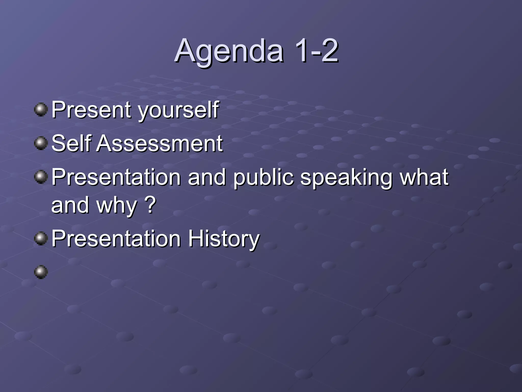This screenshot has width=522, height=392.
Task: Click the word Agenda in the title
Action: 229,51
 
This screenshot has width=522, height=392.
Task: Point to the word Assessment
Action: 159,143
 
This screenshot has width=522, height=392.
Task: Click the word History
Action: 224,239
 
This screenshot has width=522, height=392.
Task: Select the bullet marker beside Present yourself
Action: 41,110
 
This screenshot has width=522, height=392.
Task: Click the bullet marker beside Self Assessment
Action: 41,143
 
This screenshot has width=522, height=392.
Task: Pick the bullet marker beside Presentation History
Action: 41,239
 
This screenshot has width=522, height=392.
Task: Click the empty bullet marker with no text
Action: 41,272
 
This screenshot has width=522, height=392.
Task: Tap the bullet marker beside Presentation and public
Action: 41,177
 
